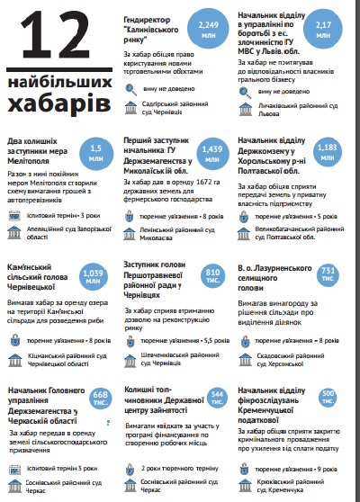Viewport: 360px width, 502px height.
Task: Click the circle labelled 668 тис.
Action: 101,399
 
